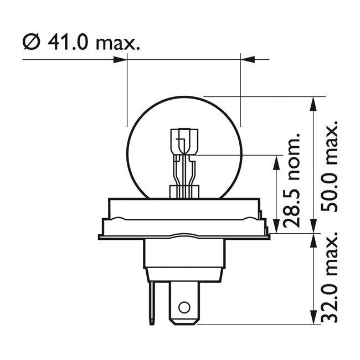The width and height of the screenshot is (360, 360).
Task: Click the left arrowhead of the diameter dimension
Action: point(121,59)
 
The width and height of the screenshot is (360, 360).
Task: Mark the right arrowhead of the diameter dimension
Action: point(248,59)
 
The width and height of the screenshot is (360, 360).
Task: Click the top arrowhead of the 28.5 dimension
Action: point(275,161)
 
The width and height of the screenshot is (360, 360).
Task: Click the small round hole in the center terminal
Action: point(183,307)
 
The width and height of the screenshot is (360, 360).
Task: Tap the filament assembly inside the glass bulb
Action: point(183,161)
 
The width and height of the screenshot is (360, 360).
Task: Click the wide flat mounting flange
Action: point(183,227)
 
